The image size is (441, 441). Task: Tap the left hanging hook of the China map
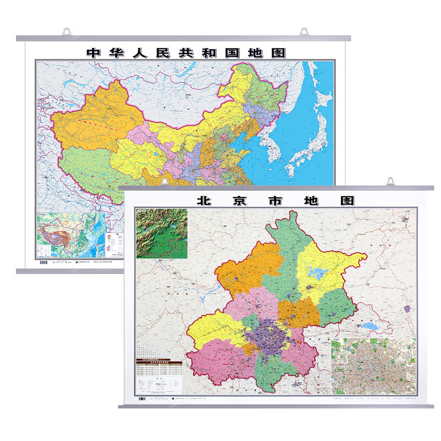(x=67, y=31)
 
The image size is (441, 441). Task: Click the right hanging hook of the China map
(x=304, y=31)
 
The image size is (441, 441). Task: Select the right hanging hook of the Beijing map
(x=391, y=181)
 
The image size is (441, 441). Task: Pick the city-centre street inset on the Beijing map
(x=373, y=364)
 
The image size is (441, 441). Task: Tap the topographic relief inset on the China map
(x=68, y=234)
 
